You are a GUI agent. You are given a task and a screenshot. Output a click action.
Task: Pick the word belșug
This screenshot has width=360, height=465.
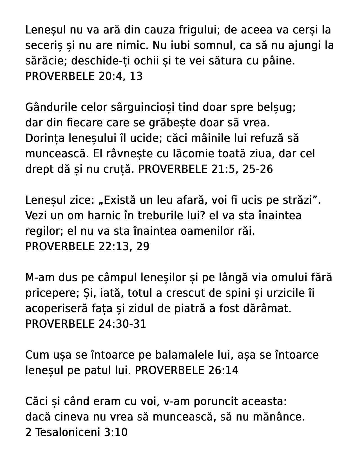(x=276, y=107)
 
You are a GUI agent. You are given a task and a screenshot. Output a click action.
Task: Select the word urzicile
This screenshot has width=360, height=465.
(x=285, y=293)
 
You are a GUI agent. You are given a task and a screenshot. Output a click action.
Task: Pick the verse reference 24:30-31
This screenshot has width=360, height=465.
(x=122, y=324)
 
